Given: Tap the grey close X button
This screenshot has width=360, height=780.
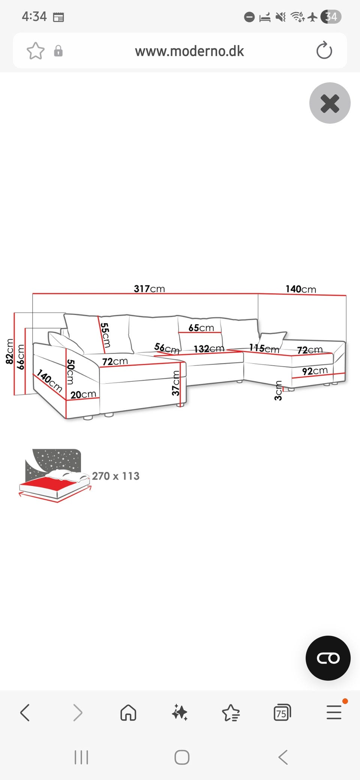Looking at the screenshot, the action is [x=330, y=103].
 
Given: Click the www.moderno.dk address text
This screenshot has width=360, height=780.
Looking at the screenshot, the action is [x=189, y=51].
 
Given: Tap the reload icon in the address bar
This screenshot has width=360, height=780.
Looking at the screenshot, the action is [x=324, y=51].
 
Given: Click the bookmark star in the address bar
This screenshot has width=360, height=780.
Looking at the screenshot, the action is [x=36, y=51].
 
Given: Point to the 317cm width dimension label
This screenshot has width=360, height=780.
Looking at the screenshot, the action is [x=149, y=288].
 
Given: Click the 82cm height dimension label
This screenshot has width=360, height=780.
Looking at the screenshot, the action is [x=10, y=351].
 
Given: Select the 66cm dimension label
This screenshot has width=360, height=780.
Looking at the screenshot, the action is [x=21, y=357].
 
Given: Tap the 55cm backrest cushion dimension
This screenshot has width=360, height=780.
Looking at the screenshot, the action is [x=105, y=335].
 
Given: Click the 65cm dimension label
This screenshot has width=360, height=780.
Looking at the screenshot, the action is [x=201, y=328].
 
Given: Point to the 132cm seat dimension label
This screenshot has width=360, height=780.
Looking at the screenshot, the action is [x=209, y=349].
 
